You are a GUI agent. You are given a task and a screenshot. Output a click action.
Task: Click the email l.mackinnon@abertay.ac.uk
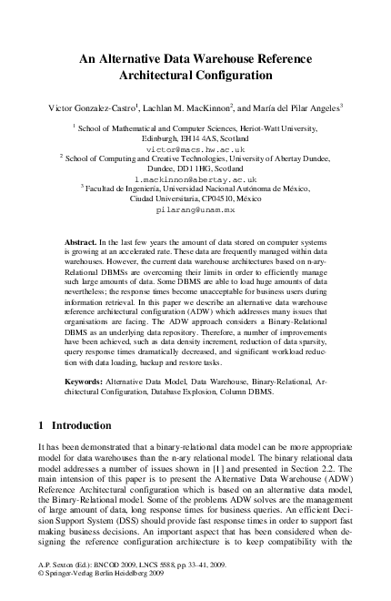195,179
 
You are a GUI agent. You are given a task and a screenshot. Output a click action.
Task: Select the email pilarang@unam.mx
195,209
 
